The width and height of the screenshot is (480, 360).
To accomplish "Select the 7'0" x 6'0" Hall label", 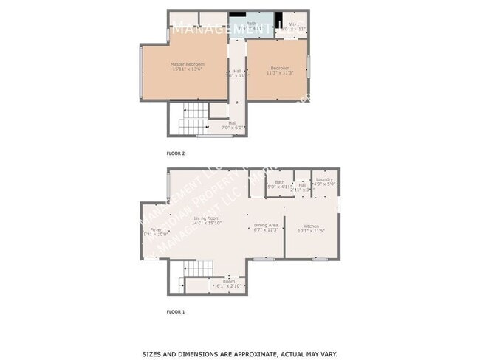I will [233, 125].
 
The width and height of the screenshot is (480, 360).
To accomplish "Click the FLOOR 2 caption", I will [175, 153].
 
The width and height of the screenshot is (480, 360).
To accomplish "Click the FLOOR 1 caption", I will [175, 311].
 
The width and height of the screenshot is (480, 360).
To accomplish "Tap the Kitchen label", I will [311, 226].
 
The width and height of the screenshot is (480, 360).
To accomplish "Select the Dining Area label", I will [266, 226].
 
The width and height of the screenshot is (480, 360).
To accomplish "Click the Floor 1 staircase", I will [193, 271].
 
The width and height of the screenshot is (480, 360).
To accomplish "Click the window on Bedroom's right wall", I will [308, 66].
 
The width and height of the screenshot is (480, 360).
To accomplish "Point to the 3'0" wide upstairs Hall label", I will [233, 73].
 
